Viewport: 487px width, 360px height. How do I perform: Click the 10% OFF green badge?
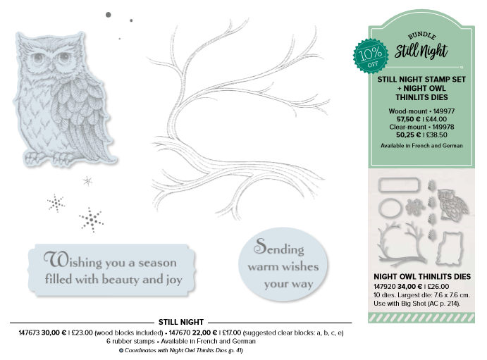(371, 56)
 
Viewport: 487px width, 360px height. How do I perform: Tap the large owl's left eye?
(38, 57)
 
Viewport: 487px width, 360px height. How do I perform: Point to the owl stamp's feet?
(47, 158)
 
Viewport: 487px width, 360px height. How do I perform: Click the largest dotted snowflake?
(92, 220)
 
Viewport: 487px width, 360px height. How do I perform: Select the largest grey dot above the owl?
(109, 15)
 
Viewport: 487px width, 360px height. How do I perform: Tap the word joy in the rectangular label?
(174, 280)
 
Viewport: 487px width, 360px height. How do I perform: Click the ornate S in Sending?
(260, 246)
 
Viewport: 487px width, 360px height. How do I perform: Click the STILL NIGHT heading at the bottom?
(181, 322)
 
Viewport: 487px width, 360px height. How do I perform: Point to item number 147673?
(29, 333)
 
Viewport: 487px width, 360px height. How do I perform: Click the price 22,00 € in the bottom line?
(204, 333)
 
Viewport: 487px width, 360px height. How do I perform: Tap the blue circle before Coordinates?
(121, 350)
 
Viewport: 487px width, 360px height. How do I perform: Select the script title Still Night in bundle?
(421, 51)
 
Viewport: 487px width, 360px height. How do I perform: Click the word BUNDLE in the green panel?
(422, 36)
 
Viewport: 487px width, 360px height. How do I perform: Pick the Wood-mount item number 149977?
(444, 111)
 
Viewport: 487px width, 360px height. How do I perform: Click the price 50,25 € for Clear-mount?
(409, 135)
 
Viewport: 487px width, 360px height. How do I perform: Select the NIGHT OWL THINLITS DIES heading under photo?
(422, 277)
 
